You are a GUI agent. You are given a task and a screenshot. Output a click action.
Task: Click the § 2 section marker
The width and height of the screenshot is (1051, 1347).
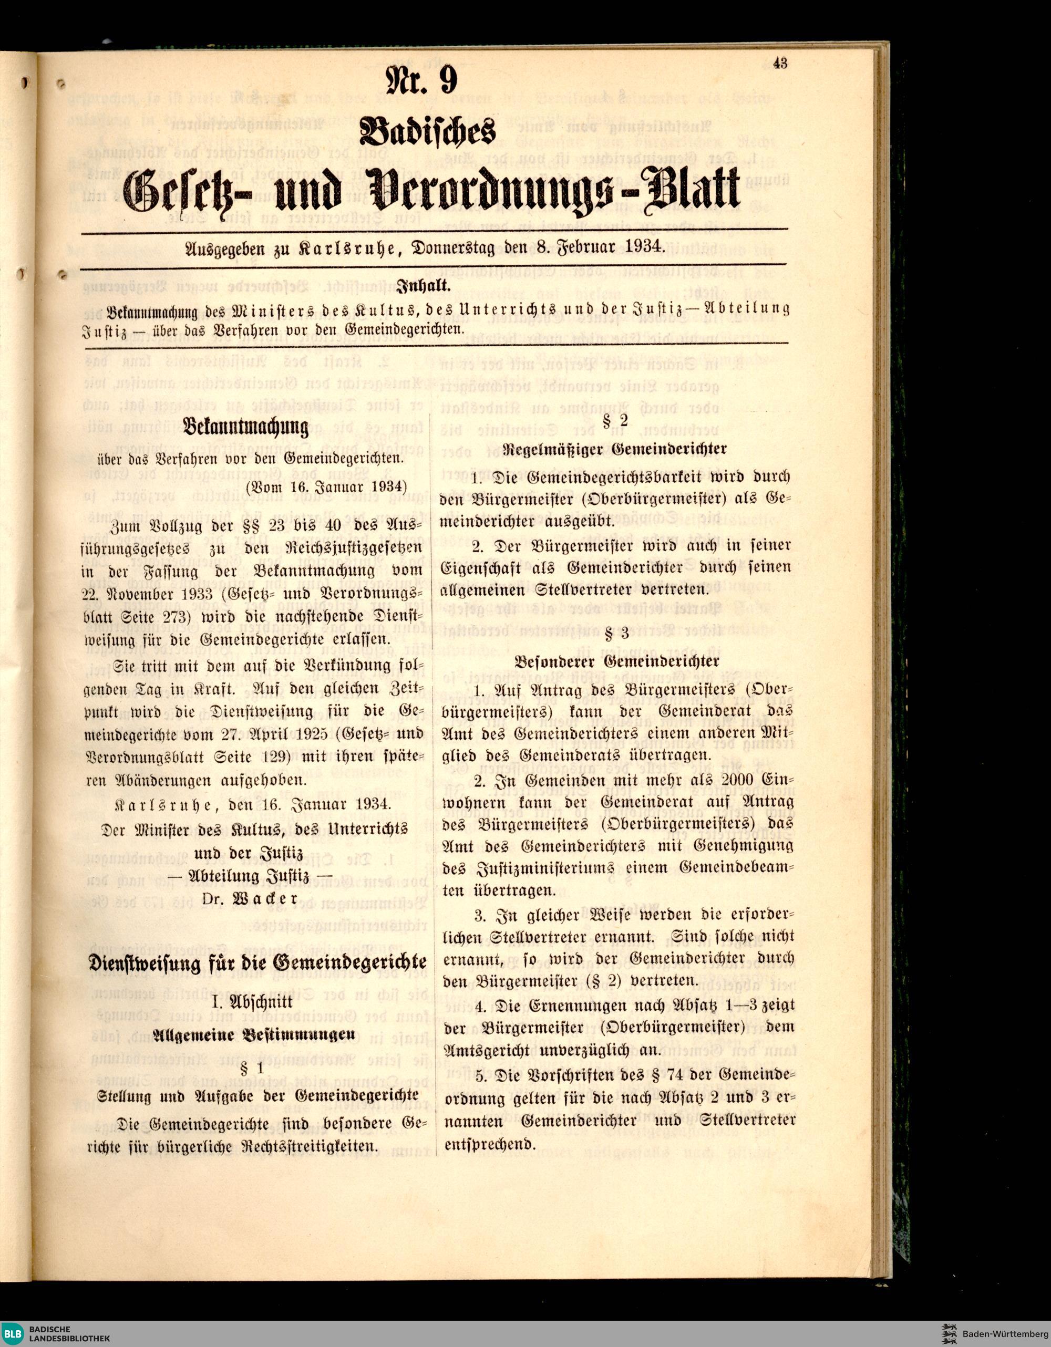click(615, 421)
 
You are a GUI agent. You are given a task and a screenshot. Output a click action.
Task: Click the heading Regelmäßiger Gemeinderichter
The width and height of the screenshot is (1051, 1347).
click(615, 450)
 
